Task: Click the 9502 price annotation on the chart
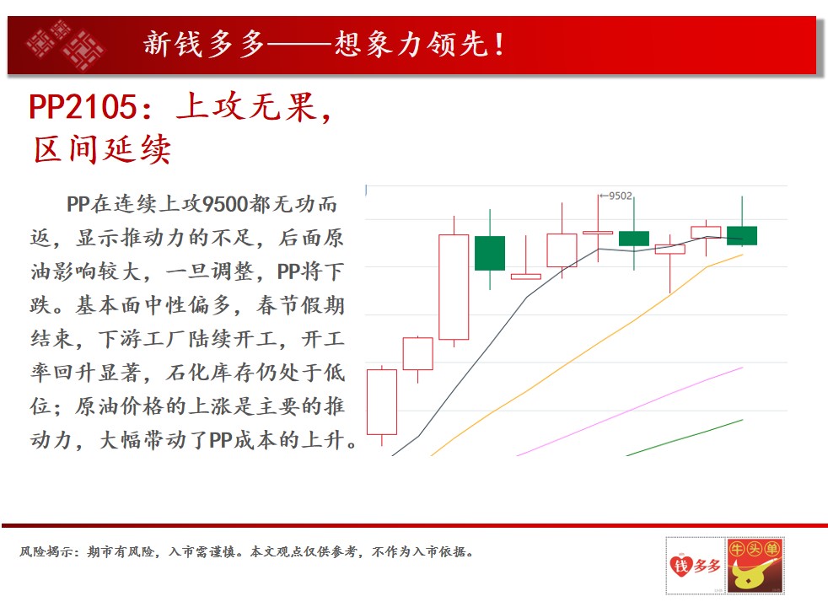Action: [x=620, y=196]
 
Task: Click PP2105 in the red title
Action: [x=83, y=106]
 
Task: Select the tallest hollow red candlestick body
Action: [x=454, y=287]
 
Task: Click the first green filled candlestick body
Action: [x=490, y=254]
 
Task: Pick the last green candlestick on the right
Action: [x=742, y=235]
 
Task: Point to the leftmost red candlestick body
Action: [x=382, y=402]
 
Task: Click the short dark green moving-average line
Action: [x=685, y=438]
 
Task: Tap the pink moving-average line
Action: [x=630, y=411]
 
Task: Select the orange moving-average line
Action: [x=586, y=355]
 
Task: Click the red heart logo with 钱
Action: [x=680, y=566]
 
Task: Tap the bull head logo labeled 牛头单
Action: [x=755, y=566]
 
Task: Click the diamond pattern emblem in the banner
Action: [x=64, y=45]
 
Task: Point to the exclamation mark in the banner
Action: [x=498, y=45]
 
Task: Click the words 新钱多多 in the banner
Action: [x=204, y=44]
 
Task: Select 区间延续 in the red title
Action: [x=102, y=149]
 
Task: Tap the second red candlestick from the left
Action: [x=417, y=353]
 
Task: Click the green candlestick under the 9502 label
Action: [x=634, y=238]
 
